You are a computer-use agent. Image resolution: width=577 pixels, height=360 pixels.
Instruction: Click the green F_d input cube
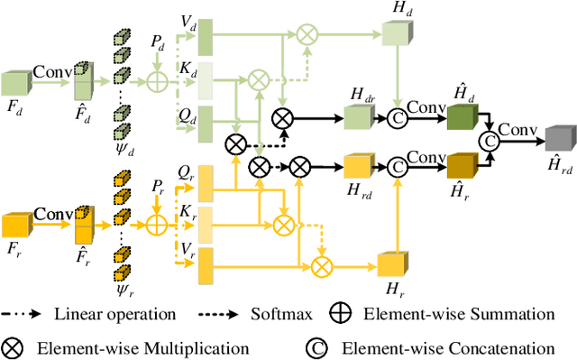pos(17,84)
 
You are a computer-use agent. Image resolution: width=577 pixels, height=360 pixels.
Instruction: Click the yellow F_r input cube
pos(17,225)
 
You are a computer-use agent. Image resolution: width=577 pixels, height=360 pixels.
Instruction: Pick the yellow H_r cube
pos(392,266)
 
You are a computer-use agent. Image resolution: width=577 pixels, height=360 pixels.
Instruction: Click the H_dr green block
pos(359,116)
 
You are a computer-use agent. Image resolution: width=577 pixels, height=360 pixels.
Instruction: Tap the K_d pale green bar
pos(205,78)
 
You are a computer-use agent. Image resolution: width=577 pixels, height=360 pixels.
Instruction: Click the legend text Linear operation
pos(114,315)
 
